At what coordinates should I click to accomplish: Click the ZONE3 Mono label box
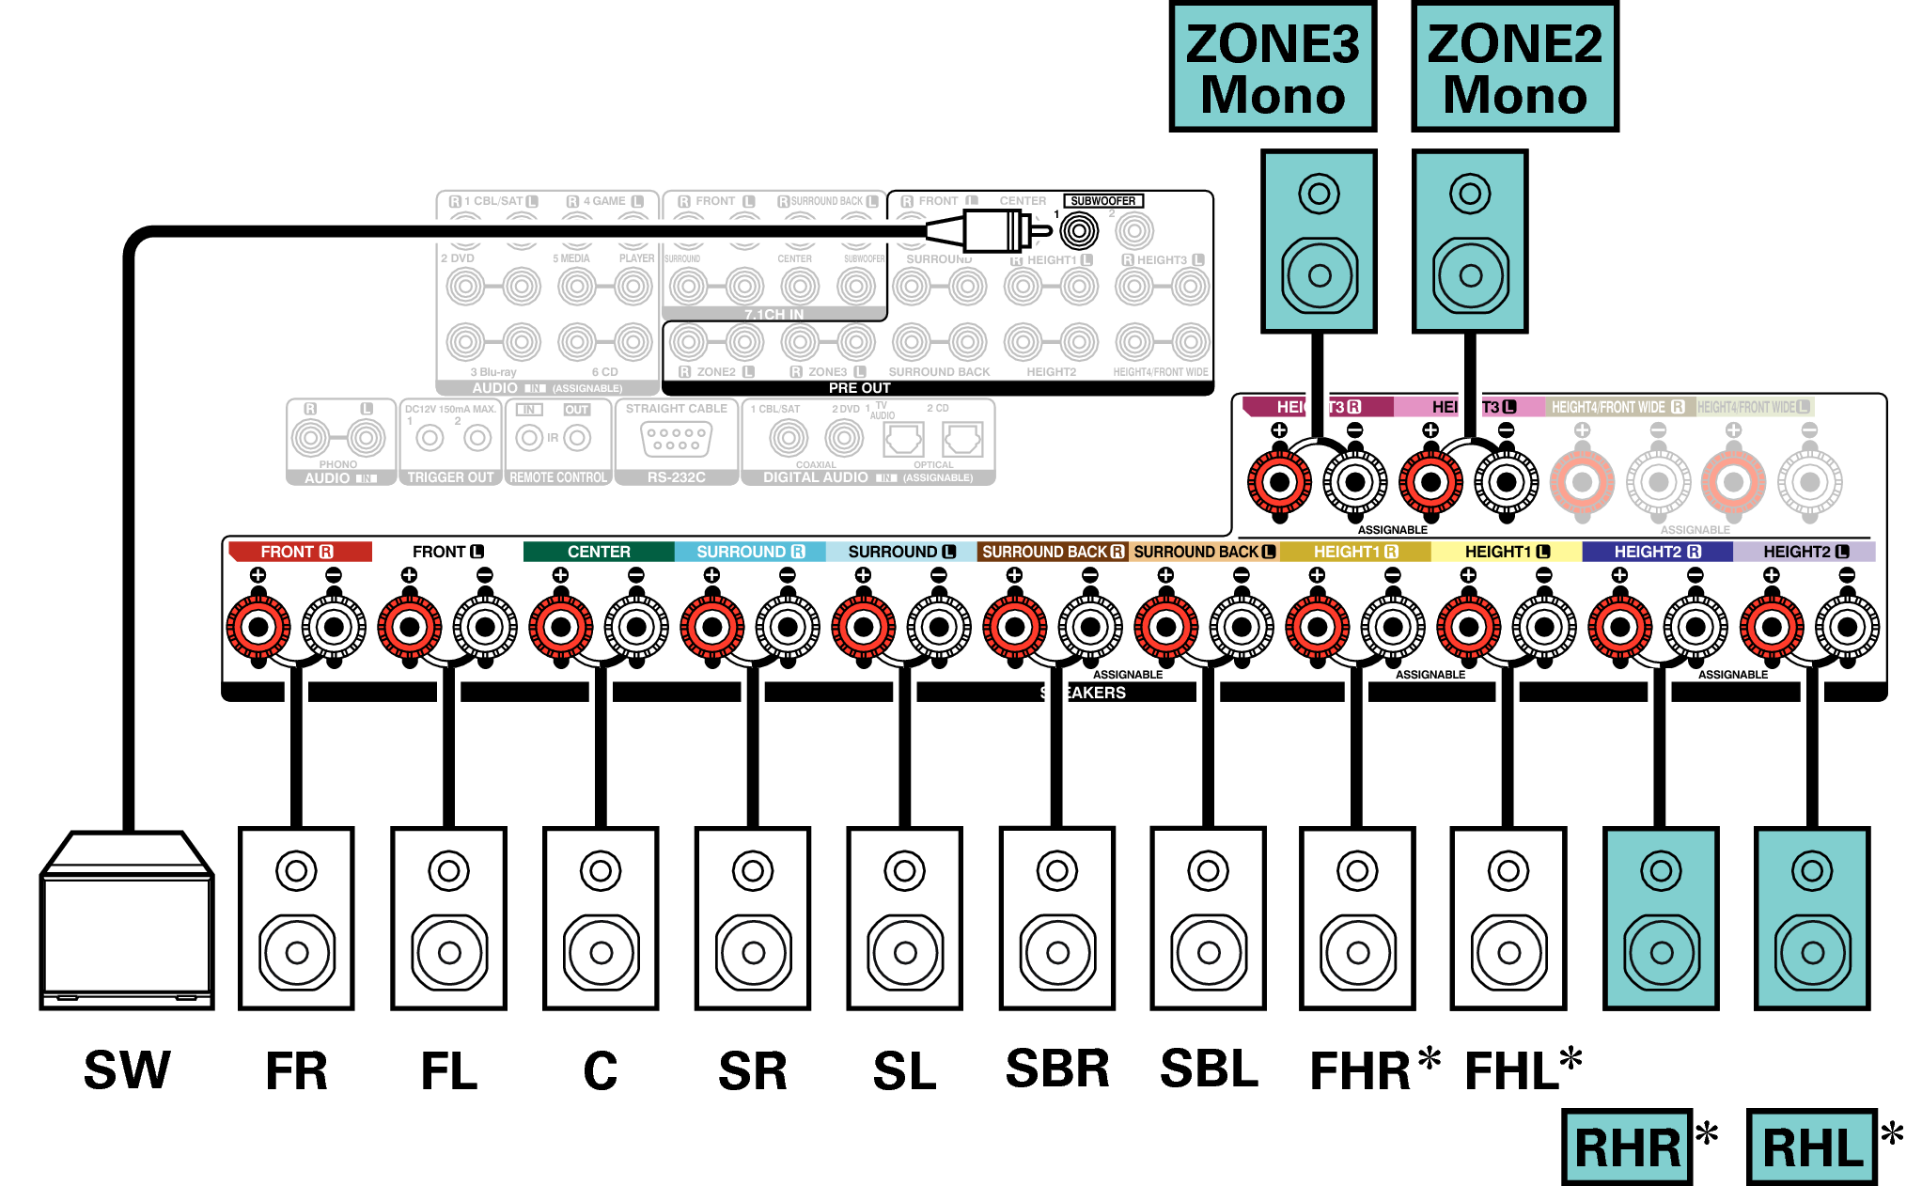(1272, 68)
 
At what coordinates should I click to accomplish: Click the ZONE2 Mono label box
(1514, 68)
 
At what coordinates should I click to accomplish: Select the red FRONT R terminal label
(299, 552)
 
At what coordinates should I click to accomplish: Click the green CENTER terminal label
(599, 552)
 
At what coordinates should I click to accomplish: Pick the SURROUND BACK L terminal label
(1204, 552)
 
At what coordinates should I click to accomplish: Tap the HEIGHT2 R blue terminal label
(1657, 552)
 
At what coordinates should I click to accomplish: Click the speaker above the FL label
(448, 918)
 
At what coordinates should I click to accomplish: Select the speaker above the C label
(601, 918)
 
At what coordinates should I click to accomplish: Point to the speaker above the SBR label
(1056, 918)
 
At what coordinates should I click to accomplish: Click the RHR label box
(1627, 1147)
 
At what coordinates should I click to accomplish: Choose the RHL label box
(1811, 1147)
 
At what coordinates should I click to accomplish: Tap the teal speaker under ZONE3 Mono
(1319, 242)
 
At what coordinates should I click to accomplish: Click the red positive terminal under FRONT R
(258, 627)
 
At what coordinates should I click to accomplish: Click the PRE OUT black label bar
(859, 388)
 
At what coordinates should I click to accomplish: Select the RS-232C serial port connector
(676, 439)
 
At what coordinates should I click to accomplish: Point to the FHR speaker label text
(1360, 1070)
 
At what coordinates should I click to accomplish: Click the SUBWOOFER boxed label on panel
(1102, 200)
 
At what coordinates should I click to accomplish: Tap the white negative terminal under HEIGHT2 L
(1847, 627)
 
